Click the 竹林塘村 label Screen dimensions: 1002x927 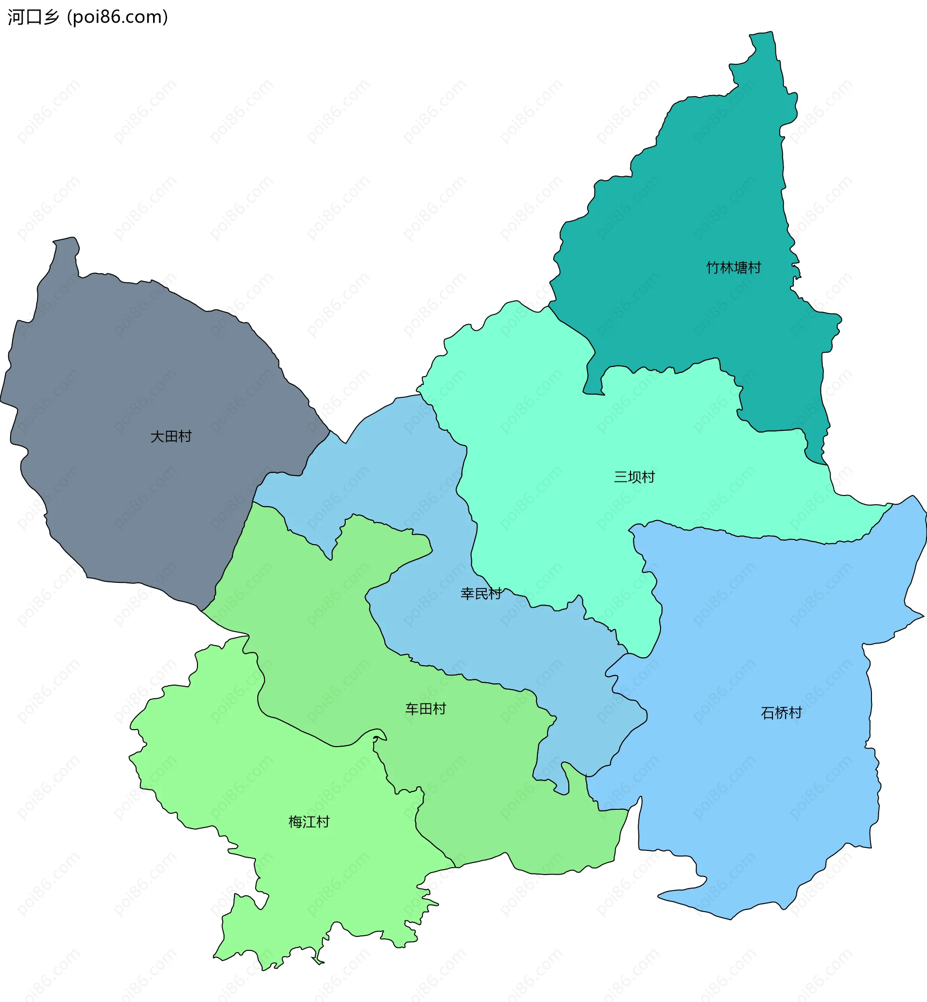point(733,268)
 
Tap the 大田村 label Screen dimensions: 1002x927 point(171,437)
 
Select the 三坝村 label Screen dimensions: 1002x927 point(634,477)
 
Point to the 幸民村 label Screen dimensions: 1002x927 point(480,594)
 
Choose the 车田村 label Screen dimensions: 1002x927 point(425,709)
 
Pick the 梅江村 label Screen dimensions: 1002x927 point(309,822)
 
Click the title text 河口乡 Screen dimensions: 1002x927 point(33,17)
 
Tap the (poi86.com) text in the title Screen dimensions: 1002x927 point(118,17)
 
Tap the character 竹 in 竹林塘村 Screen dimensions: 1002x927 point(713,268)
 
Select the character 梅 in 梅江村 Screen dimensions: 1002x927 point(295,822)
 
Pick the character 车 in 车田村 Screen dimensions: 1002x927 point(412,709)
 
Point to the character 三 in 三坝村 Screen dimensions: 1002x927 point(621,477)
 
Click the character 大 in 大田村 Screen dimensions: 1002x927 point(157,437)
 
